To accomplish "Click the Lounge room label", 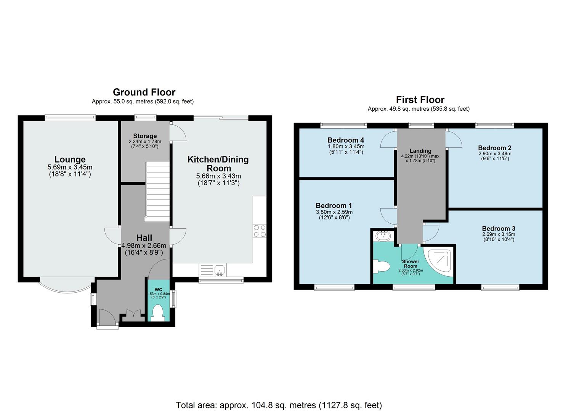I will point(70,160).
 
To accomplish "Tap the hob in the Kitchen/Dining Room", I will point(260,231).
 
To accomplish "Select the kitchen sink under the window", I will point(220,270).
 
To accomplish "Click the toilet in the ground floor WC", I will point(157,313).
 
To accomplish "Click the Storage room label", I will point(145,136).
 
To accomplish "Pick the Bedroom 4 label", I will point(346,140).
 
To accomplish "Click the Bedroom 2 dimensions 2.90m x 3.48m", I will point(495,154).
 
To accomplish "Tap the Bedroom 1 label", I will point(334,206).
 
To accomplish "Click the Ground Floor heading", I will point(144,92).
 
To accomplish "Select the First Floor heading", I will point(420,100).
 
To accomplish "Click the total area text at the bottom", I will point(279,405).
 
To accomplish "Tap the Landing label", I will point(420,151).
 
